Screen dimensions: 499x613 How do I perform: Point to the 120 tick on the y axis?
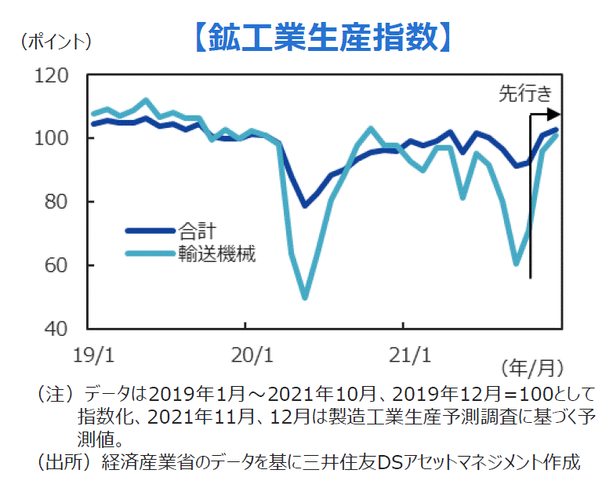click(52, 76)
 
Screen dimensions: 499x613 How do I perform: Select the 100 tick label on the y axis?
click(52, 139)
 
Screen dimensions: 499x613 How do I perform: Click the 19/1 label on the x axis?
click(92, 355)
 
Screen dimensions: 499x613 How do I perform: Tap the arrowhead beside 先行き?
click(556, 115)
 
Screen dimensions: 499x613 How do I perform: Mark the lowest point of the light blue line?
click(305, 297)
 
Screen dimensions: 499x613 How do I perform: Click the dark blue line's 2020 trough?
click(305, 206)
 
